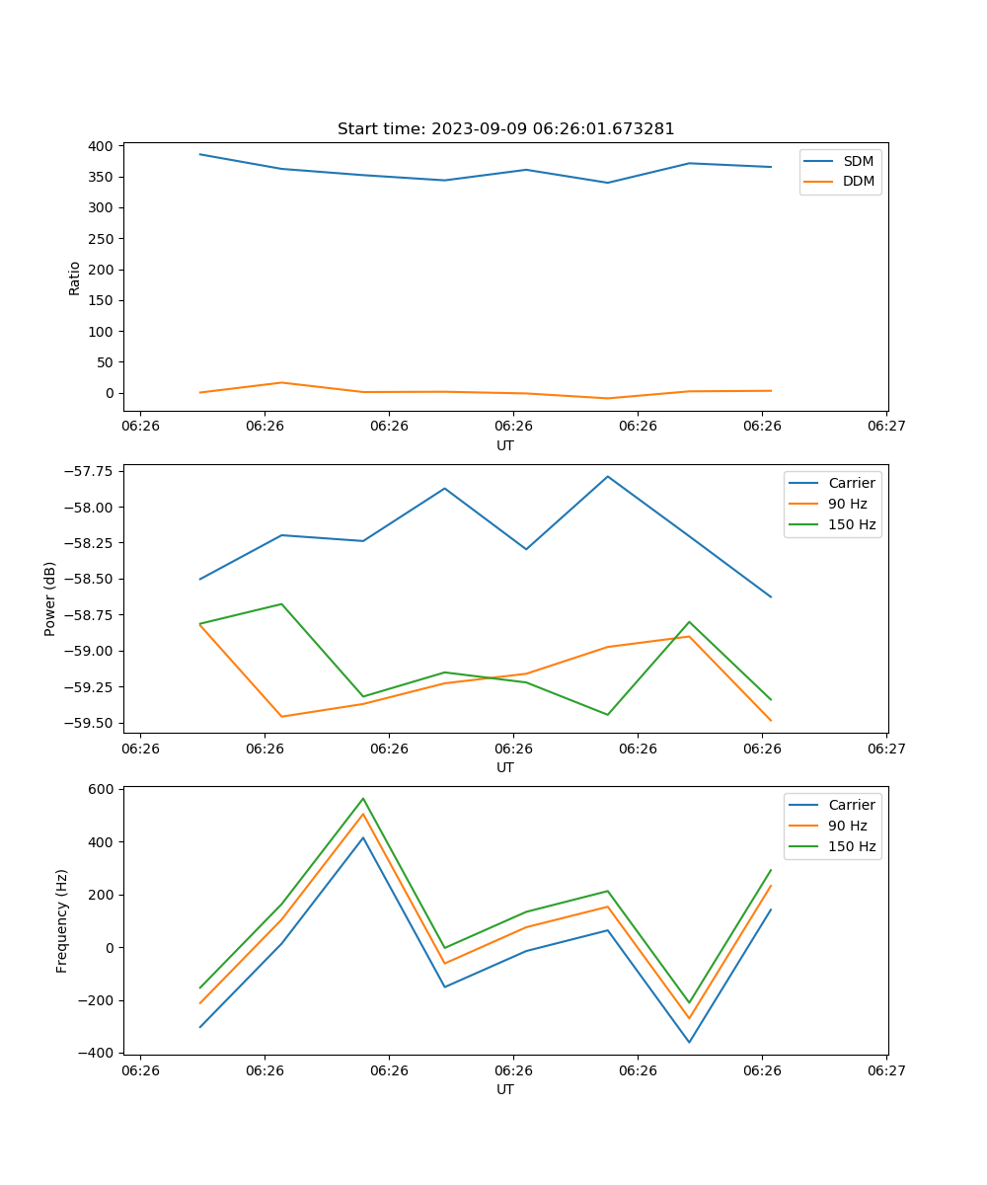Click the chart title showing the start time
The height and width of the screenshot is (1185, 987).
coord(505,129)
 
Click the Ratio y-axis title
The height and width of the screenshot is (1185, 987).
coord(75,277)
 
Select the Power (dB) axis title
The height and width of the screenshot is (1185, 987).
coord(50,598)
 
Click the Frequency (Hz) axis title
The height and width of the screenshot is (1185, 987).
coord(62,920)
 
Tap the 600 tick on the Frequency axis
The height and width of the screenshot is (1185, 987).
coord(101,789)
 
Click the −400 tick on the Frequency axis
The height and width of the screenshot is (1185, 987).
coord(98,1053)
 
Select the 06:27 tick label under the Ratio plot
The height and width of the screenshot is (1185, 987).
coord(886,427)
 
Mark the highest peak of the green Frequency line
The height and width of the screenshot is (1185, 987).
coord(363,799)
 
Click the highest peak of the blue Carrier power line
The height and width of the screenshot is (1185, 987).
coord(608,476)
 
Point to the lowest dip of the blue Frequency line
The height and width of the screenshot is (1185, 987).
coord(689,1042)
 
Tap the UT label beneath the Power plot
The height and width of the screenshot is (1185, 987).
coord(505,767)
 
